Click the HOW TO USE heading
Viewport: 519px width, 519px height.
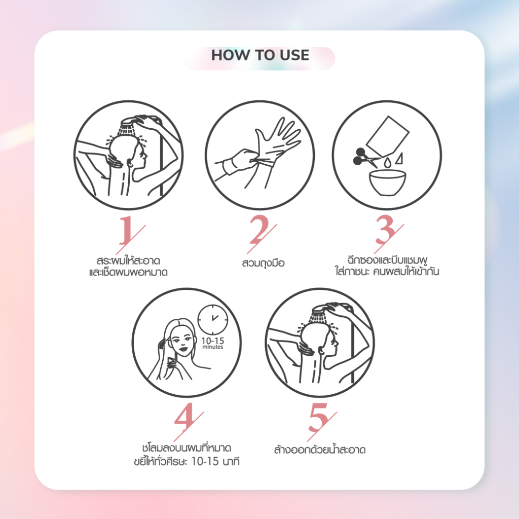coord(260,55)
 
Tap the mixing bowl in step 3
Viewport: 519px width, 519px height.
coord(387,182)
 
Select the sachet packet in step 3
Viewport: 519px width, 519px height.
coord(388,136)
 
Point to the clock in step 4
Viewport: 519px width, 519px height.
coord(213,320)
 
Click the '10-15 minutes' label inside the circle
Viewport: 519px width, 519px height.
coord(212,343)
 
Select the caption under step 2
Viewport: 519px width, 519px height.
coord(263,264)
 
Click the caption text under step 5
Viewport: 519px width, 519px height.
coord(320,450)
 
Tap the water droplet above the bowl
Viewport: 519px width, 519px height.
coord(388,162)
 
